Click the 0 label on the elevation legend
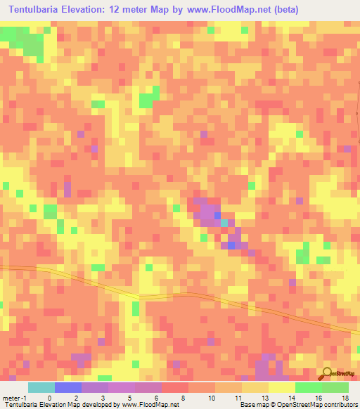point(49,398)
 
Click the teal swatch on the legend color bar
point(41,387)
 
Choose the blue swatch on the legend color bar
point(68,387)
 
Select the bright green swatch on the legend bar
point(309,387)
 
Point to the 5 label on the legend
point(130,398)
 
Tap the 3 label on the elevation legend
point(103,398)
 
